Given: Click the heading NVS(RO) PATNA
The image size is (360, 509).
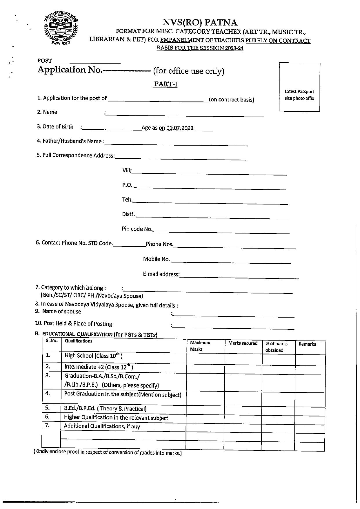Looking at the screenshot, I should pyautogui.click(x=200, y=22).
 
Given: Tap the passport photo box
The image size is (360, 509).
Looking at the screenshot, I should pyautogui.click(x=299, y=87).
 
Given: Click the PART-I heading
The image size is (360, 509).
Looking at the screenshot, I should pyautogui.click(x=165, y=84).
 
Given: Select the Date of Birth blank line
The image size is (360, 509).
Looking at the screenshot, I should pyautogui.click(x=112, y=128).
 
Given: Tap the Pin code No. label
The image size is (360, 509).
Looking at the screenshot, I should pyautogui.click(x=137, y=229).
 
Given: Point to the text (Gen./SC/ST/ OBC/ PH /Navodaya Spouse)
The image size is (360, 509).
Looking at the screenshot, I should pyautogui.click(x=92, y=296).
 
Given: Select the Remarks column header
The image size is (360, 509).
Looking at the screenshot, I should pyautogui.click(x=307, y=344).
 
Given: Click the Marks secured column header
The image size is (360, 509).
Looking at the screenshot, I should pyautogui.click(x=243, y=343).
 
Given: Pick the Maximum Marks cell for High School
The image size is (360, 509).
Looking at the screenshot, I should pyautogui.click(x=206, y=358).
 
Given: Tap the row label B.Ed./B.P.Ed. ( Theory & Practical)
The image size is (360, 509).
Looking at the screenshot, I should pyautogui.click(x=105, y=409).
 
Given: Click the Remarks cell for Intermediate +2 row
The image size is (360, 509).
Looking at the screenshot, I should pyautogui.click(x=310, y=369).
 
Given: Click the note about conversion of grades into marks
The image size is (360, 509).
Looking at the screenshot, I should pyautogui.click(x=108, y=452).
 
